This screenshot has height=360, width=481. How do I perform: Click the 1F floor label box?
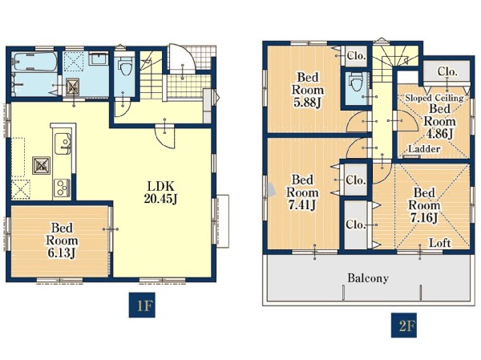point(142,305)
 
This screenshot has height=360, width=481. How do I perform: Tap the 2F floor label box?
point(404,326)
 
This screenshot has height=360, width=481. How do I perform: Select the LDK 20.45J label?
point(160,192)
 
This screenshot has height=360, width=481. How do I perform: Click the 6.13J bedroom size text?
point(62,253)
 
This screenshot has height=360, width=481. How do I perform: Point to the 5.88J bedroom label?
point(307,102)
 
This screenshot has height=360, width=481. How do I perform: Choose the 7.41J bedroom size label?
point(302,204)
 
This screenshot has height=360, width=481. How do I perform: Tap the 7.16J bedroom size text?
point(424,217)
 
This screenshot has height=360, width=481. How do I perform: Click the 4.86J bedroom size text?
point(439,134)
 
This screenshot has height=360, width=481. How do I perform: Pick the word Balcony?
point(368,278)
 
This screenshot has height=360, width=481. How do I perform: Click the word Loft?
point(439,243)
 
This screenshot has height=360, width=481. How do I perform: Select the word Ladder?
point(424,149)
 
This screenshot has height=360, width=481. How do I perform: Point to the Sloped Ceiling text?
point(435,98)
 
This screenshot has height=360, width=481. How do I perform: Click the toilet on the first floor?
point(124,67)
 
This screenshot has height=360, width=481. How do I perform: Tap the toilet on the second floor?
point(355,81)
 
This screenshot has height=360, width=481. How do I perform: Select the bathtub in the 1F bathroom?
point(34,62)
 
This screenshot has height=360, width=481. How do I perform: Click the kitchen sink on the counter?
point(63,144)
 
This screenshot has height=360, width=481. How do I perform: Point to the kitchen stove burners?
point(63,188)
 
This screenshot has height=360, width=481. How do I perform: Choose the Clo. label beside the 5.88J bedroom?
point(356,56)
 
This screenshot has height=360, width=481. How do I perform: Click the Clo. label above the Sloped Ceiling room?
point(447,71)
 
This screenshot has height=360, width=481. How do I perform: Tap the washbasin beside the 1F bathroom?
point(99,58)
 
